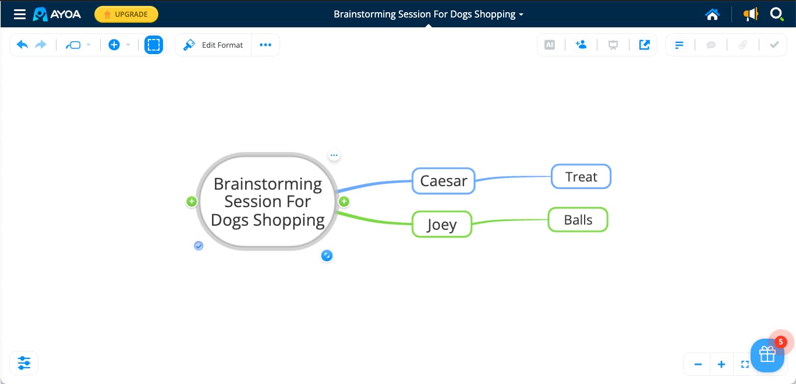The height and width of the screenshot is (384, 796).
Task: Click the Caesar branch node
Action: click(444, 181)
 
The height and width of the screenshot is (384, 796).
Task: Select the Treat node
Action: click(581, 176)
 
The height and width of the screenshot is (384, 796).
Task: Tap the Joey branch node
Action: click(442, 224)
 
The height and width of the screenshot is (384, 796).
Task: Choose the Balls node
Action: click(578, 220)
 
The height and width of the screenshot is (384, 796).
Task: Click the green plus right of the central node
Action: click(344, 201)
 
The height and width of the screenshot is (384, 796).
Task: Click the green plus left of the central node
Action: click(192, 201)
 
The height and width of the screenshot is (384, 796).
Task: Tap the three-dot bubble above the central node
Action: click(334, 155)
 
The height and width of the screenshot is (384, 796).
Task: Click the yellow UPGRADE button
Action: click(126, 14)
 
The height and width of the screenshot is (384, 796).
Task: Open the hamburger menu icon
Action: click(20, 14)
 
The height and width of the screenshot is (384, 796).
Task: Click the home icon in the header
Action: click(712, 14)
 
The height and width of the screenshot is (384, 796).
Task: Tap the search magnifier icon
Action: click(776, 14)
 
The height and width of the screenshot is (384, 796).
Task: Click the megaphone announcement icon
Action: click(751, 14)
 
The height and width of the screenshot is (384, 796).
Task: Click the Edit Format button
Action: click(213, 45)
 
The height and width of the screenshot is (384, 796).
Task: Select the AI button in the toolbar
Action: click(549, 45)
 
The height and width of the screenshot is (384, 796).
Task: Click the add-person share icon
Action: click(581, 44)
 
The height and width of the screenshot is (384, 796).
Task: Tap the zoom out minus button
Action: click(698, 364)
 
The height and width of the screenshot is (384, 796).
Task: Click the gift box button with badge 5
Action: click(767, 355)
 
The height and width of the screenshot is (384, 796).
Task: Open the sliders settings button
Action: click(24, 363)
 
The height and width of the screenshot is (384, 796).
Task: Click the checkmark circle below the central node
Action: click(199, 246)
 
